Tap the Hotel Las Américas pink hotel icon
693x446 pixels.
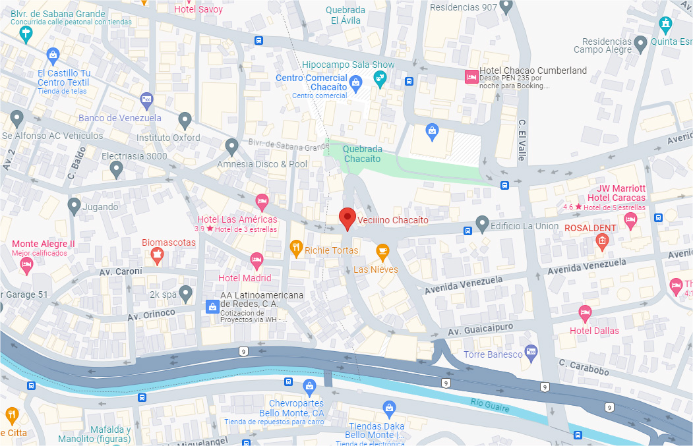pos(262,200)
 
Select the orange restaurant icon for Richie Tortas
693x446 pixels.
pos(296,248)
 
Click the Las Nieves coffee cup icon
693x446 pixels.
pos(382,251)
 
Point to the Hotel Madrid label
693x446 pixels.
pos(245,278)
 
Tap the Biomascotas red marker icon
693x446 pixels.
pos(157,256)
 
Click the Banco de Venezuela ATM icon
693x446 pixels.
pos(146,100)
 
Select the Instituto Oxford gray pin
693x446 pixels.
pos(185,120)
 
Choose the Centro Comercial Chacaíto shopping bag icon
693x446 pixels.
pos(356,83)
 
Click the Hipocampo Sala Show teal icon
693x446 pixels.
pos(380,80)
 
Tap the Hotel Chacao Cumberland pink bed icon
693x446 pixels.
pos(471,76)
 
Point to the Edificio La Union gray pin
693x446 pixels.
pos(482,224)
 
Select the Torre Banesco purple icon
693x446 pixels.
pos(530,352)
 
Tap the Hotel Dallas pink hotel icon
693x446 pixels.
pos(585,314)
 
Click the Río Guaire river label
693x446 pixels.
pos(490,405)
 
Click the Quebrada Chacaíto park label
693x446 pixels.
pos(362,153)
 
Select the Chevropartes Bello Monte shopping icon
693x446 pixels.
pos(309,387)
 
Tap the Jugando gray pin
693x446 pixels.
pos(75,206)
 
